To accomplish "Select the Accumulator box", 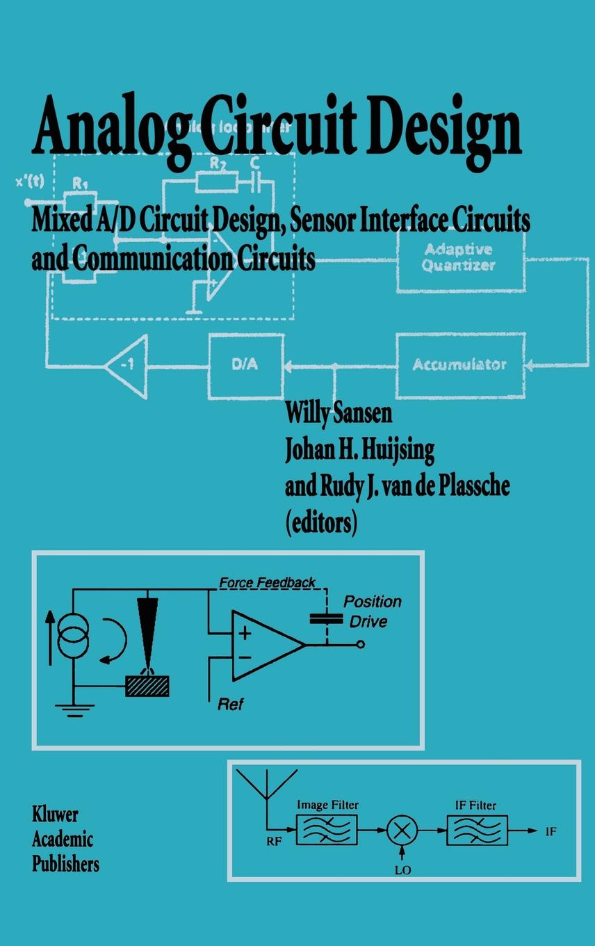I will pyautogui.click(x=459, y=364).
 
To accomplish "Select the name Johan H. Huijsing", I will pyautogui.click(x=359, y=450).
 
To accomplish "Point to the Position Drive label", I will pyautogui.click(x=373, y=611).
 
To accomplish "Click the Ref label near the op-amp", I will pyautogui.click(x=230, y=704).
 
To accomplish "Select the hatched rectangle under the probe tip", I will pyautogui.click(x=147, y=687).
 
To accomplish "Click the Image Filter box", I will pyautogui.click(x=327, y=830).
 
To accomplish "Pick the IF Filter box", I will pyautogui.click(x=477, y=830).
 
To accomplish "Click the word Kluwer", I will pyautogui.click(x=55, y=815).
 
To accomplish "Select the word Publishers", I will pyautogui.click(x=65, y=865).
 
